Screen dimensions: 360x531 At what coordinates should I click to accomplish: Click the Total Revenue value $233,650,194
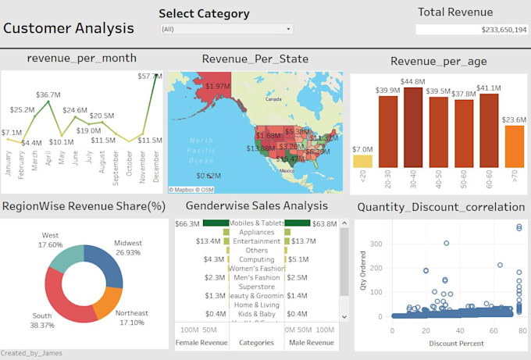[x=472, y=30]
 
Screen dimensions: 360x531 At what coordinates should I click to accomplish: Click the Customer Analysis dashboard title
[x=69, y=29]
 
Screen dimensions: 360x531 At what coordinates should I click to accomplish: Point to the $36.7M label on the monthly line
[x=48, y=94]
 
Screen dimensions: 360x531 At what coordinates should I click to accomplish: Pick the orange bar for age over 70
[x=514, y=147]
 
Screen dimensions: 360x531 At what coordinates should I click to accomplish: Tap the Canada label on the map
[x=273, y=100]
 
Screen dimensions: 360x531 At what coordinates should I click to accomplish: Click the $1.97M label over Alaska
[x=218, y=86]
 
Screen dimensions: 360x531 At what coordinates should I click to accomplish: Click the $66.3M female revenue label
[x=187, y=224]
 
